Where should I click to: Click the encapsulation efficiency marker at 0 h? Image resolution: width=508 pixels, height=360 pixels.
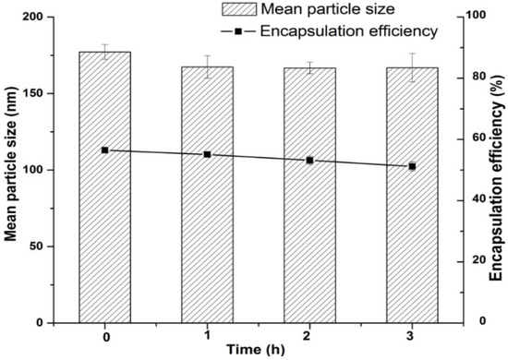tap(104, 150)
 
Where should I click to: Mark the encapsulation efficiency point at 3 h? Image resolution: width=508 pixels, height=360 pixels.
tap(412, 166)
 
